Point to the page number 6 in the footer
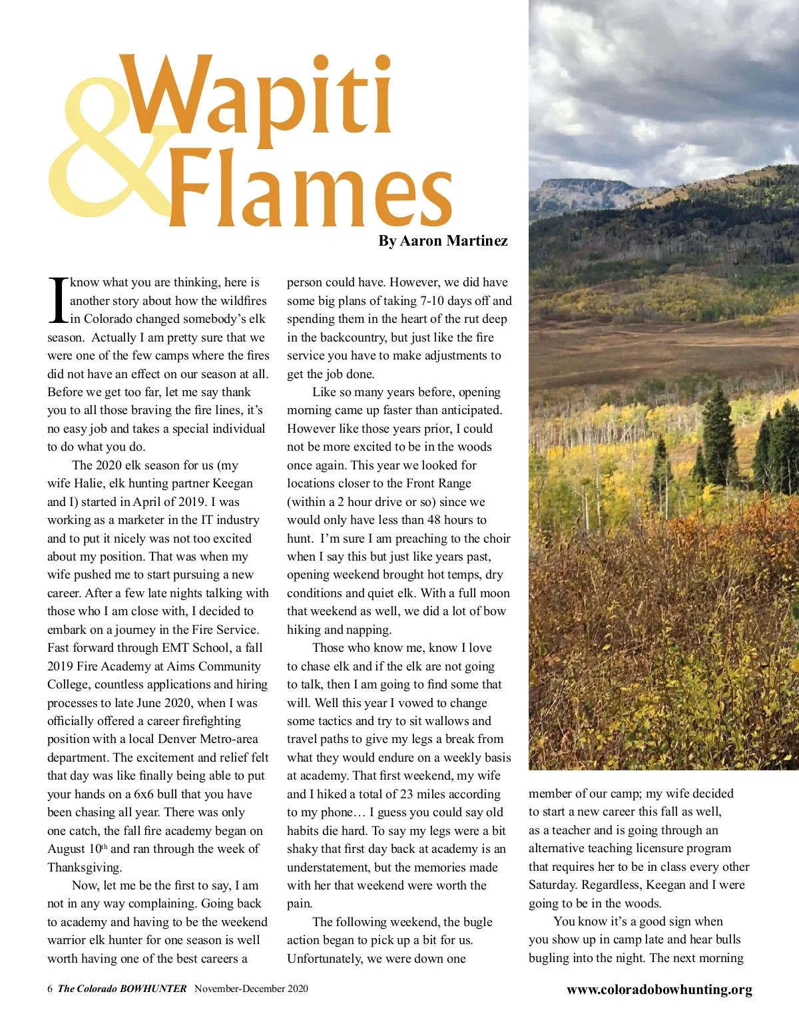tap(50, 989)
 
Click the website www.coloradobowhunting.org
tap(659, 990)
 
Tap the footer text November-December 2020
tap(251, 989)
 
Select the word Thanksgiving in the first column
tap(85, 868)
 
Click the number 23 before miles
tap(407, 794)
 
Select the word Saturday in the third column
tap(552, 886)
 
